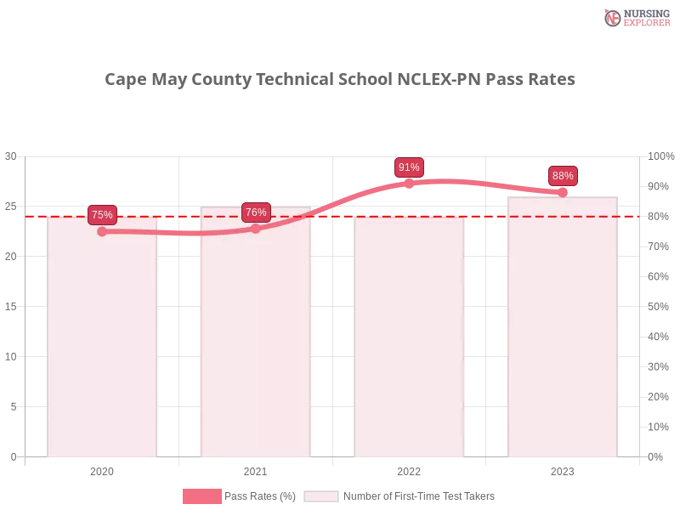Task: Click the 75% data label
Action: coord(102,214)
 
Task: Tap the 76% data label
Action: coord(256,212)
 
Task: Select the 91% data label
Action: coord(409,167)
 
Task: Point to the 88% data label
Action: coord(563,176)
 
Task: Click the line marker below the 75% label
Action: coord(102,231)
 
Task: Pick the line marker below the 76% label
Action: coord(256,229)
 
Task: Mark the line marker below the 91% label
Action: coord(409,183)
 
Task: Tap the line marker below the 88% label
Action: coord(563,192)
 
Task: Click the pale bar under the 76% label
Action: coord(255,340)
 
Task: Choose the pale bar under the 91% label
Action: coord(410,340)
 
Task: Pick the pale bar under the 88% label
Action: coord(562,331)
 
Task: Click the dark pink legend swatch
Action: coord(201,496)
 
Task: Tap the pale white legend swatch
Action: coord(321,496)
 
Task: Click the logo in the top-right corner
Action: coord(635,17)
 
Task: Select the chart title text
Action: coord(340,80)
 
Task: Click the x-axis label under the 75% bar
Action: coord(102,469)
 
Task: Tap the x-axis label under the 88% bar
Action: coord(563,469)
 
